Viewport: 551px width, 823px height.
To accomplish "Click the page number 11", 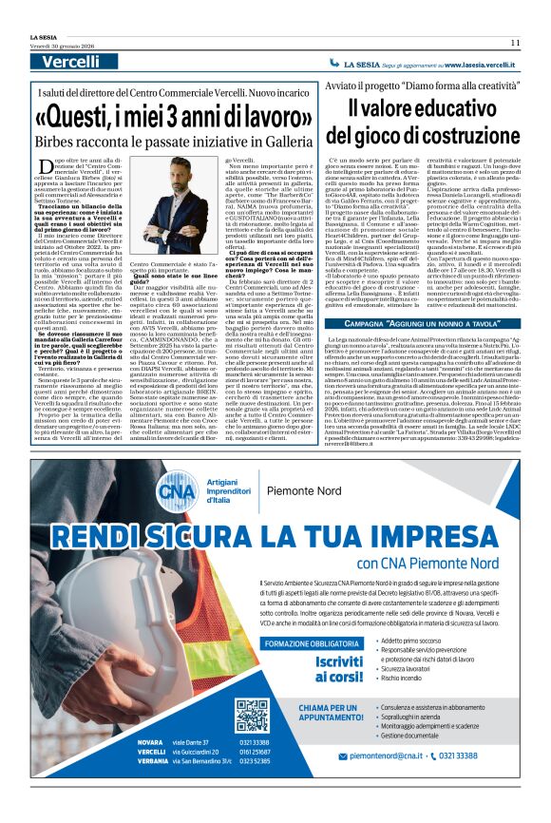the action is (x=515, y=42).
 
